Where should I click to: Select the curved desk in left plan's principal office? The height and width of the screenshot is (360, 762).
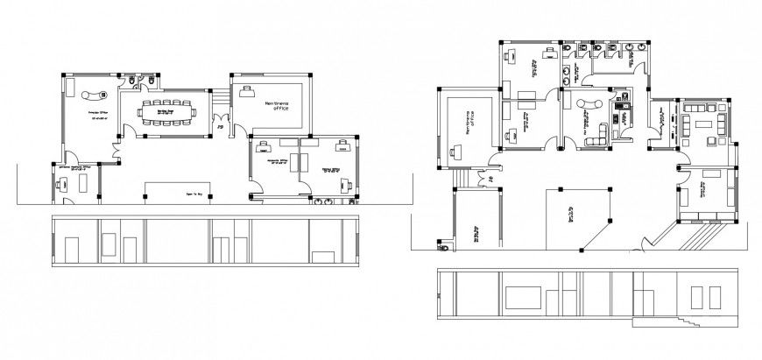point(91,95)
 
